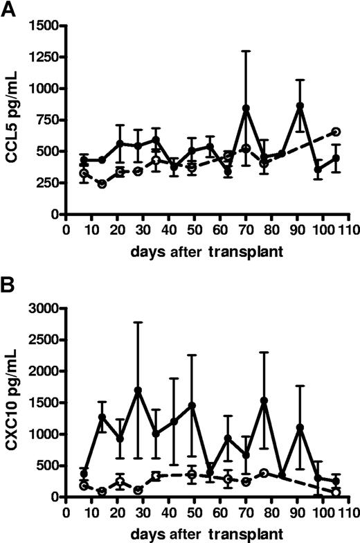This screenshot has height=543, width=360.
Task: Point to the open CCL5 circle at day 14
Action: (102, 184)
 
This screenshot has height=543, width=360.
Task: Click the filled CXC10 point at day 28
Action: (138, 390)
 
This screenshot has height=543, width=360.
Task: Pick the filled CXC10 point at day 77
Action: (264, 400)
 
